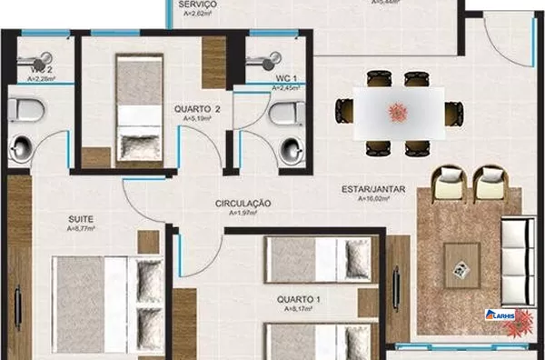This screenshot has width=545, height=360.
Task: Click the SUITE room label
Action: click(80, 219)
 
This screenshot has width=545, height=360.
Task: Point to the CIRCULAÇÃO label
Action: click(244, 203)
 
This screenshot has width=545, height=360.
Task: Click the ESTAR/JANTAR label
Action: click(372, 189)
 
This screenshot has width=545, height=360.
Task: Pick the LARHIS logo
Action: click(501, 316)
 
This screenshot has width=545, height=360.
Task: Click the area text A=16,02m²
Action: click(373, 198)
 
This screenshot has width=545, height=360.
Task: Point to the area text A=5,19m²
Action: click(197, 117)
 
